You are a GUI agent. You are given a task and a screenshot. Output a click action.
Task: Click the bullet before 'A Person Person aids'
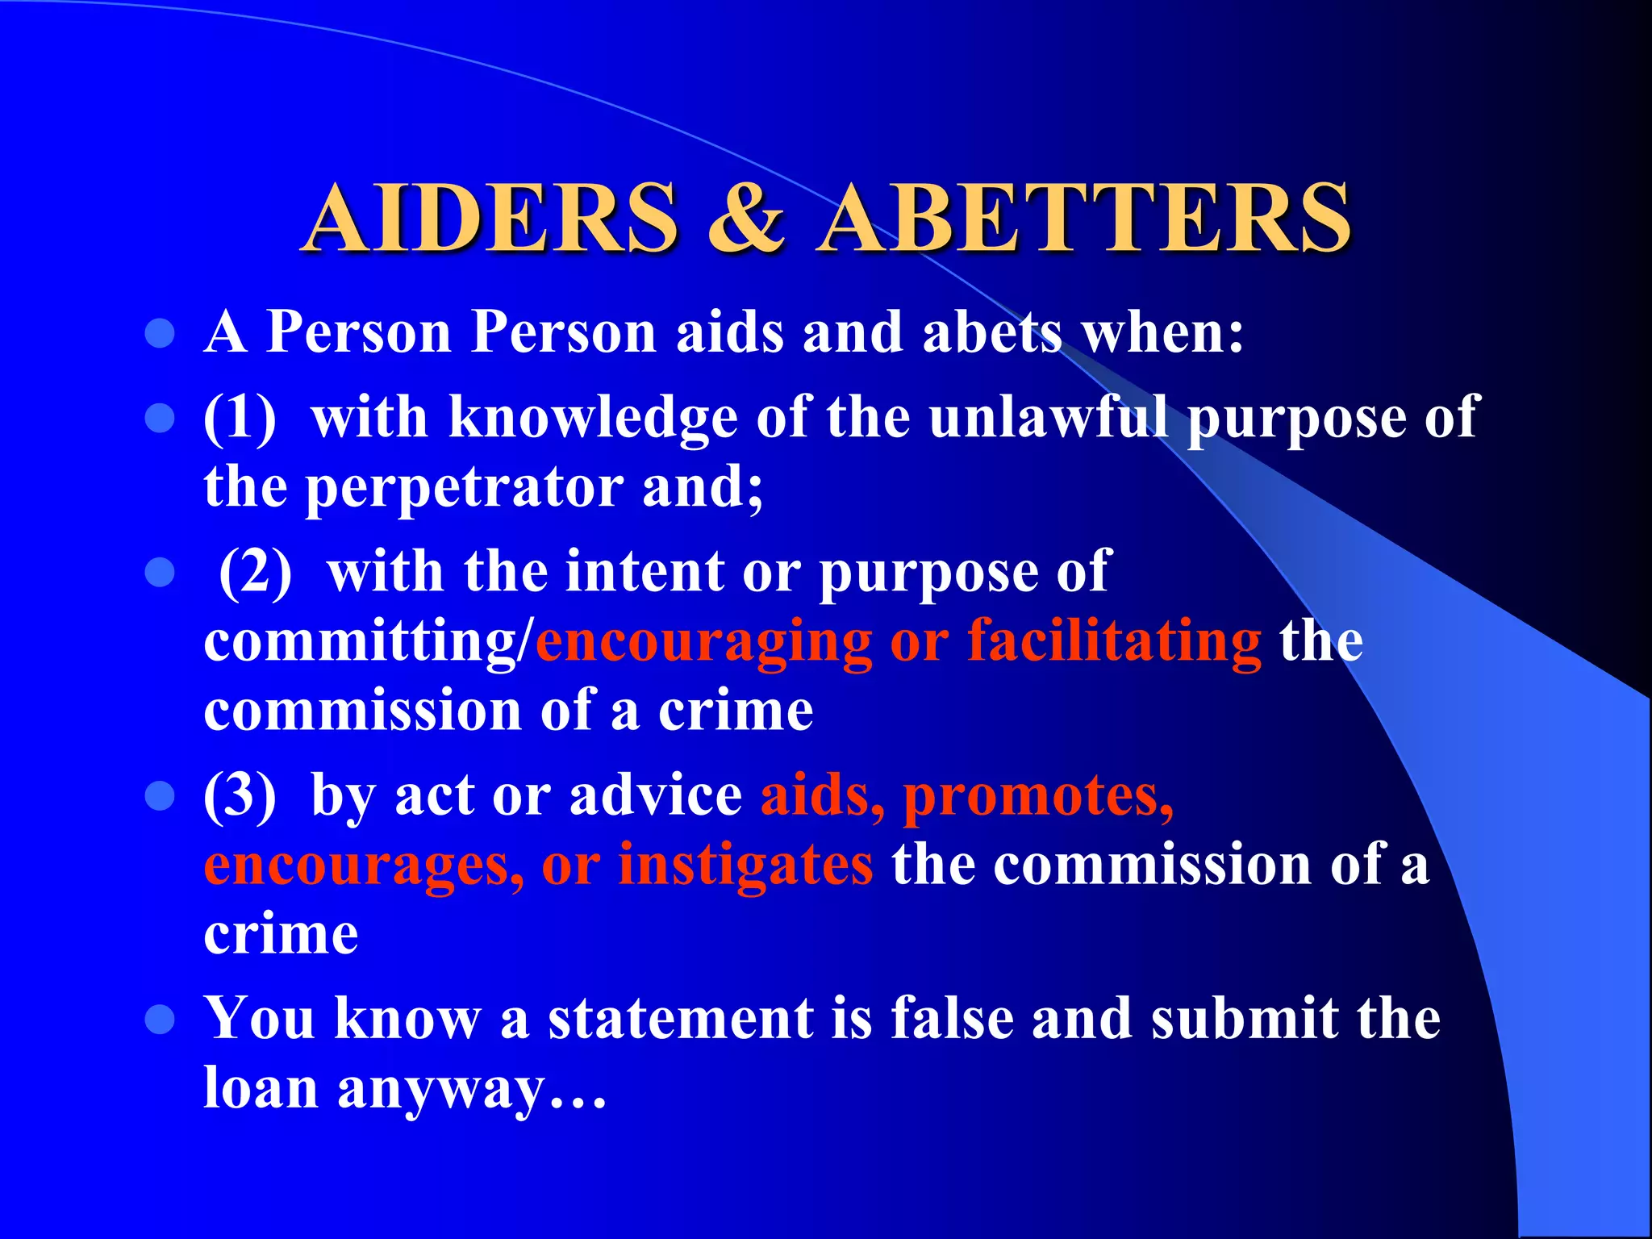click(160, 333)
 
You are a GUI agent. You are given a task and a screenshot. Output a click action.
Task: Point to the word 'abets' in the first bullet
click(992, 333)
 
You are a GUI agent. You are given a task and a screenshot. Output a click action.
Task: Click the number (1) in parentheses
click(240, 418)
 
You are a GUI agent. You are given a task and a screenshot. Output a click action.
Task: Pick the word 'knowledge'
click(592, 418)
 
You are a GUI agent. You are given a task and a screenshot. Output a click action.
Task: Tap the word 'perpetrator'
click(463, 488)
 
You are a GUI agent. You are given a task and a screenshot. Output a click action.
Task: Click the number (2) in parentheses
click(256, 573)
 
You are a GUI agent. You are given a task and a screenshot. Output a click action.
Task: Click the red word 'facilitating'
click(1114, 642)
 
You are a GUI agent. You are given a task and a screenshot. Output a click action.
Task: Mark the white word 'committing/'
click(369, 642)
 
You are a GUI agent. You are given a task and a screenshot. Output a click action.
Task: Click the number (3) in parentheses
click(240, 795)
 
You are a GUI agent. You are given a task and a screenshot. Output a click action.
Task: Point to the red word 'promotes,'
click(1038, 795)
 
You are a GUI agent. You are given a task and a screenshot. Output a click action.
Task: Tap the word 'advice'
click(656, 795)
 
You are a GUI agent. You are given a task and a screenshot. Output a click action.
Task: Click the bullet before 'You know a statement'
click(160, 1019)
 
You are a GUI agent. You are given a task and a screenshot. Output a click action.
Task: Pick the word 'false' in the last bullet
click(952, 1019)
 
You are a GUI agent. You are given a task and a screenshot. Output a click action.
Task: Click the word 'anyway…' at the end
click(472, 1089)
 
